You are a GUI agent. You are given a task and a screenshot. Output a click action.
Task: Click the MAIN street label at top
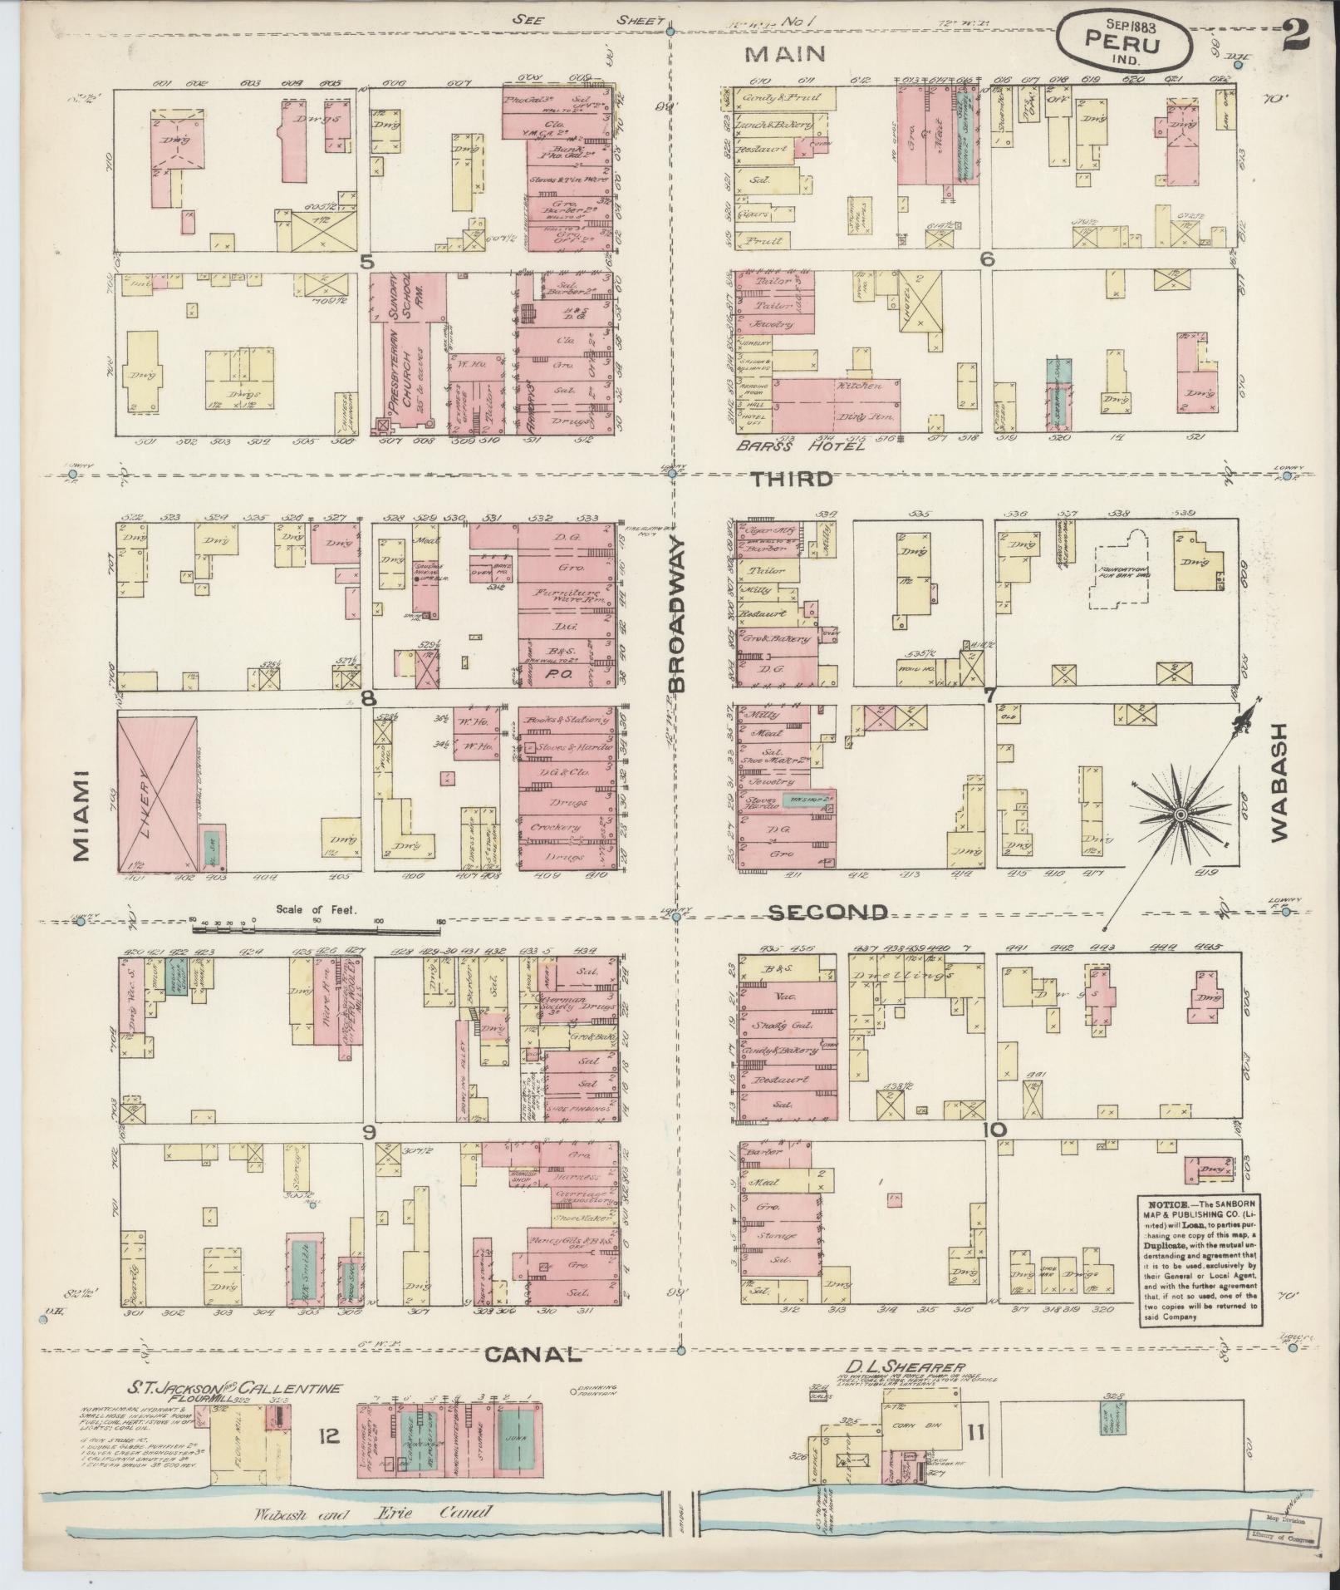tap(785, 55)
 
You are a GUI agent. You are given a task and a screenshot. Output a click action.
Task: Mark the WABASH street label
tap(1278, 780)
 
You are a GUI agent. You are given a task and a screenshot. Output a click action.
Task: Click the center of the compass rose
tap(1179, 817)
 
